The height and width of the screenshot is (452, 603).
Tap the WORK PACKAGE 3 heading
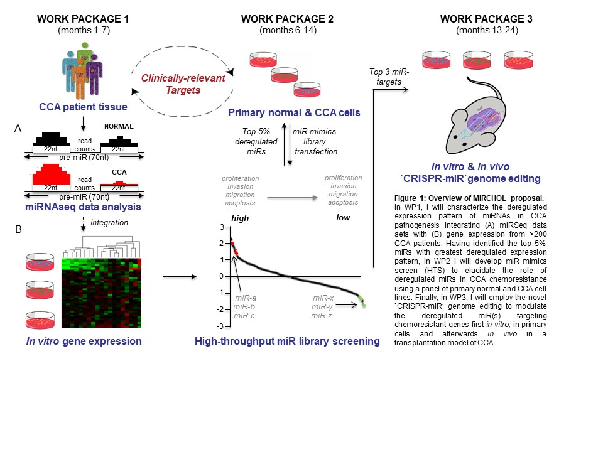[487, 19]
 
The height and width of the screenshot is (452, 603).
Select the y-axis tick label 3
[222, 227]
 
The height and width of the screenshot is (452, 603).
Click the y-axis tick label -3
[220, 326]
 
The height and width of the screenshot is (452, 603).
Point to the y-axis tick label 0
[222, 276]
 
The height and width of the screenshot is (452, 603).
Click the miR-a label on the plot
[244, 297]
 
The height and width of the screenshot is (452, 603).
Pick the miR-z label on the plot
[322, 315]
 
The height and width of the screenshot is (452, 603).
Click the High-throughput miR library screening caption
[288, 342]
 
